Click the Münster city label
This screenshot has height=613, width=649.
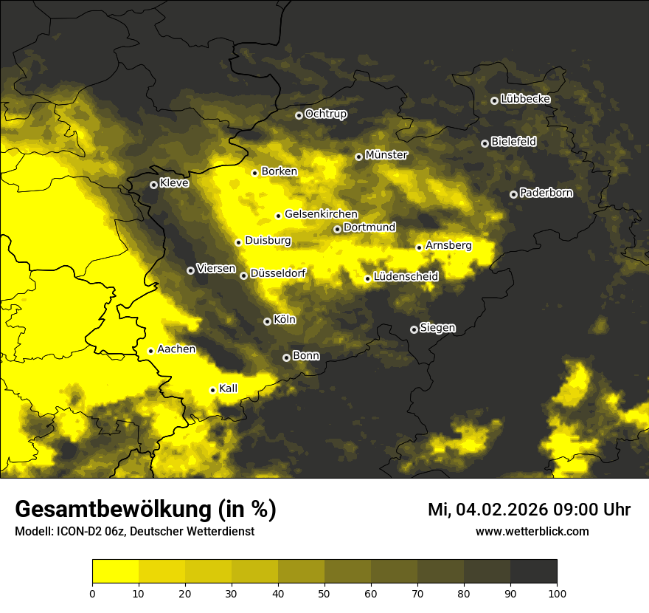click(x=386, y=155)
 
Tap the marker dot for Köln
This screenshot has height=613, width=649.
click(x=267, y=321)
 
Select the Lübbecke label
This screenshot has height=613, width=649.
click(x=525, y=99)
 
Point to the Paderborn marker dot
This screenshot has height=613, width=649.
click(x=513, y=194)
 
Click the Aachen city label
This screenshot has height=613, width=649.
click(x=176, y=349)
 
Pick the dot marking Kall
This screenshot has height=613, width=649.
click(x=212, y=390)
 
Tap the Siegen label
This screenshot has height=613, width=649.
click(x=437, y=328)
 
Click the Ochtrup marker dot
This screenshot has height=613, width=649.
click(x=299, y=115)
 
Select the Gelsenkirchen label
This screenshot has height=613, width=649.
click(x=321, y=214)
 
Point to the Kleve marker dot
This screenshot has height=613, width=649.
click(x=153, y=185)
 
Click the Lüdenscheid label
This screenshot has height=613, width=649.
click(x=406, y=277)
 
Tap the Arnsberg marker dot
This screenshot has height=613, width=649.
click(x=419, y=247)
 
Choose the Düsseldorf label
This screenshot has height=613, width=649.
click(x=278, y=273)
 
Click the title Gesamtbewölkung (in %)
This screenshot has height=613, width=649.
click(x=145, y=510)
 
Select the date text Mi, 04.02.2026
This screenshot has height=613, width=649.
click(x=499, y=510)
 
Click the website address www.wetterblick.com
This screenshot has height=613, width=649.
click(x=532, y=532)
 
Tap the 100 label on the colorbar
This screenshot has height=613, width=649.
click(x=556, y=594)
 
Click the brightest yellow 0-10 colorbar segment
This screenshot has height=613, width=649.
click(x=115, y=572)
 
